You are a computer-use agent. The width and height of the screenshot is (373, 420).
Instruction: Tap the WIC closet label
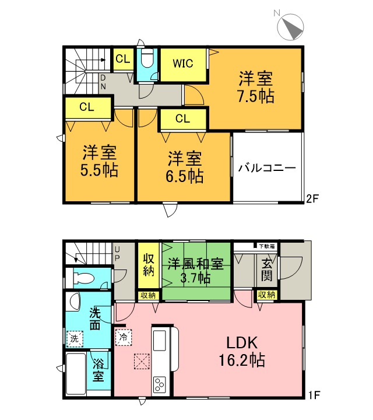182,63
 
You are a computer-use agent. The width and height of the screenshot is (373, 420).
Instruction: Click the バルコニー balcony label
267,168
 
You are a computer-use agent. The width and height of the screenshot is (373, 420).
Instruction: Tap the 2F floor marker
313,198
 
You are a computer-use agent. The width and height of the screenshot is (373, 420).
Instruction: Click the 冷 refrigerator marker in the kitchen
123,337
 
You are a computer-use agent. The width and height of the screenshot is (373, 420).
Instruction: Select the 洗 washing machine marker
73,338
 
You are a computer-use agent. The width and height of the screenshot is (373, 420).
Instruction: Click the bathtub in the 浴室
76,375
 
